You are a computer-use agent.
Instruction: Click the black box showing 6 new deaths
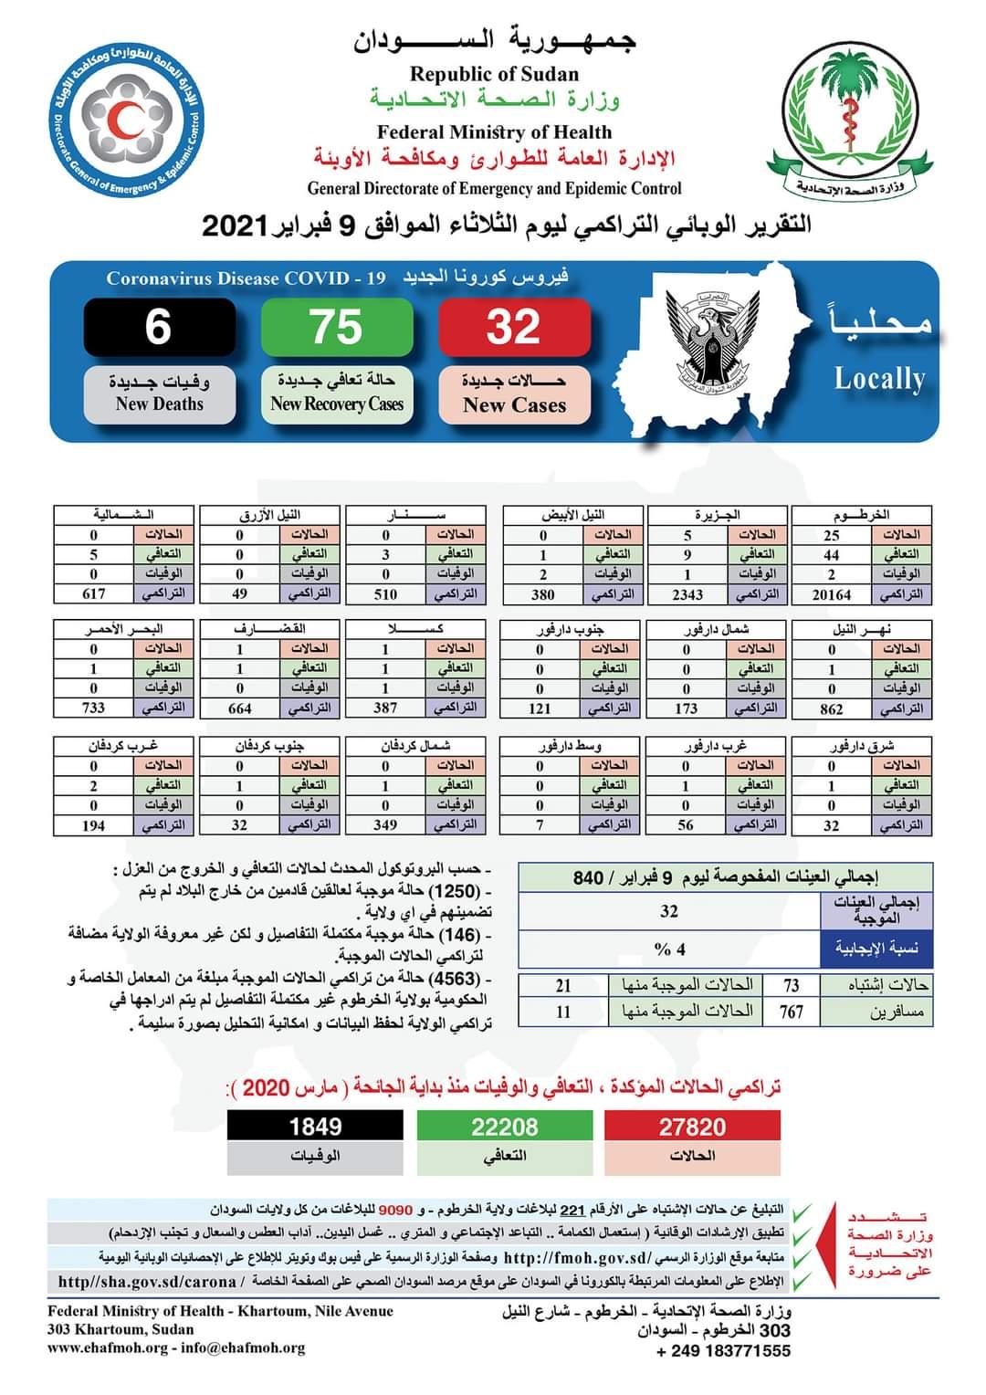(159, 327)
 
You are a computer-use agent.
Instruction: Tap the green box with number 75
(336, 327)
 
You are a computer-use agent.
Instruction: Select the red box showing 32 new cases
(514, 327)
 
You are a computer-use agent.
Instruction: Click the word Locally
(879, 379)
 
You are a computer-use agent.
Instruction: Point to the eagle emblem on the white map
(710, 339)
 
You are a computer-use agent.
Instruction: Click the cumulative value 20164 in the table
(832, 594)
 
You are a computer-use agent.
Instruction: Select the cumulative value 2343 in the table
(687, 594)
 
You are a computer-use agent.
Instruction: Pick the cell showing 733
(93, 708)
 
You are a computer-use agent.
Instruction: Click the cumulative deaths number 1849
(315, 1127)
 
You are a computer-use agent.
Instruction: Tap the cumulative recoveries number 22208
(504, 1127)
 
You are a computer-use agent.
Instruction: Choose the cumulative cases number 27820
(692, 1127)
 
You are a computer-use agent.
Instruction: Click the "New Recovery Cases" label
(337, 404)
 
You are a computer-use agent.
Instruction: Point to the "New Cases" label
(514, 405)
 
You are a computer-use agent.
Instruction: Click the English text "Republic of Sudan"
(494, 75)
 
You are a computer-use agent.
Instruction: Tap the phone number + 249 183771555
(723, 1351)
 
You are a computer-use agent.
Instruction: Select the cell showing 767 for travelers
(791, 1012)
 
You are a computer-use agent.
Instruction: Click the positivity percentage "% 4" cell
(669, 949)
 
